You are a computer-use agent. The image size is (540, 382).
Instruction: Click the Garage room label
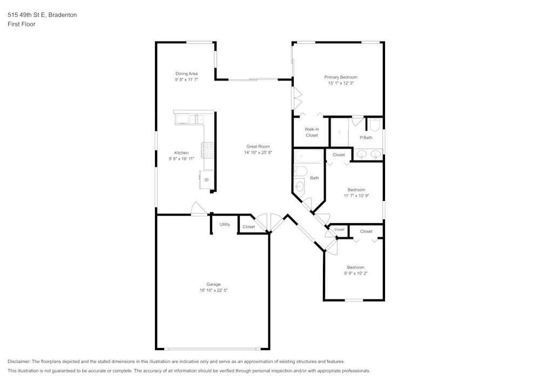(213, 284)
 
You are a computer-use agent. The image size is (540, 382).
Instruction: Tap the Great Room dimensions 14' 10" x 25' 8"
(258, 153)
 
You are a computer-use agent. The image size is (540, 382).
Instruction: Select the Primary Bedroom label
(340, 77)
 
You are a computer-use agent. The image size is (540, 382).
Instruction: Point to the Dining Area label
(186, 73)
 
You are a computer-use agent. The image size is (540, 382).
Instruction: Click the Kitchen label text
(181, 153)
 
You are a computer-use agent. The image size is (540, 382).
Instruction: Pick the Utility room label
(225, 224)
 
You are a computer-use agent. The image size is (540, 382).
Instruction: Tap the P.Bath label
(366, 138)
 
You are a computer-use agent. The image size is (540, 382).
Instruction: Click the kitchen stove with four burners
(208, 150)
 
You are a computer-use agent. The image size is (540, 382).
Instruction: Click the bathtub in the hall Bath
(308, 157)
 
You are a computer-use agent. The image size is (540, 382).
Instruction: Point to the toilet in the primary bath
(375, 125)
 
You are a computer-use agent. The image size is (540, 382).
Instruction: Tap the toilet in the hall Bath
(300, 172)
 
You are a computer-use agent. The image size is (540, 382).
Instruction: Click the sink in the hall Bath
(300, 186)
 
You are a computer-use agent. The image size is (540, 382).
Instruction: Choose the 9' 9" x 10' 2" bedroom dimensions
(355, 273)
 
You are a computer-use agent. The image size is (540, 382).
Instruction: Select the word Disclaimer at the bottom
(19, 361)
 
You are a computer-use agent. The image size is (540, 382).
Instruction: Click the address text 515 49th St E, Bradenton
(42, 15)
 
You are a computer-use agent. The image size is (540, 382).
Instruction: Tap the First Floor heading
(22, 24)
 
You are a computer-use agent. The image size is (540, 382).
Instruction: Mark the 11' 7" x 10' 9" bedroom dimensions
(356, 196)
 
